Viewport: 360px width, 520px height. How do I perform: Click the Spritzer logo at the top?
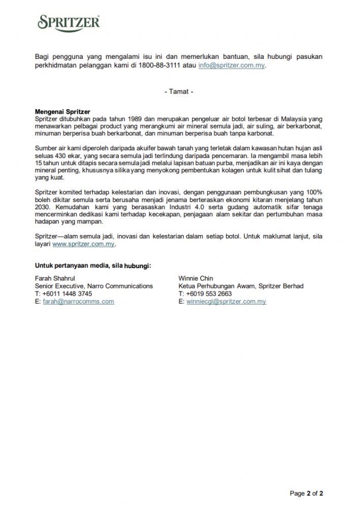coord(69,23)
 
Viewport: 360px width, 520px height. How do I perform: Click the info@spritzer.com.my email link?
coord(231,66)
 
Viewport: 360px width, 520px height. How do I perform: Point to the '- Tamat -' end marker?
coord(179,92)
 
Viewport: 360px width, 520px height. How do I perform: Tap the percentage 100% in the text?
coord(313,192)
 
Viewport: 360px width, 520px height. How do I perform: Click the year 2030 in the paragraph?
coord(43,207)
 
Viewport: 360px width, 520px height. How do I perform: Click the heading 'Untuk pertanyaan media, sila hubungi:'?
coord(93,266)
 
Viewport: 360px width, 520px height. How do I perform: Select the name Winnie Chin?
coord(196,279)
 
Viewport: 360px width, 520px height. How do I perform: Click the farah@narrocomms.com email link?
coord(78,302)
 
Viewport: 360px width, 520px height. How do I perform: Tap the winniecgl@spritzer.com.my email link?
coord(226,302)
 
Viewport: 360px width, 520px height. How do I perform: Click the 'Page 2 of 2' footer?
coord(306,494)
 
